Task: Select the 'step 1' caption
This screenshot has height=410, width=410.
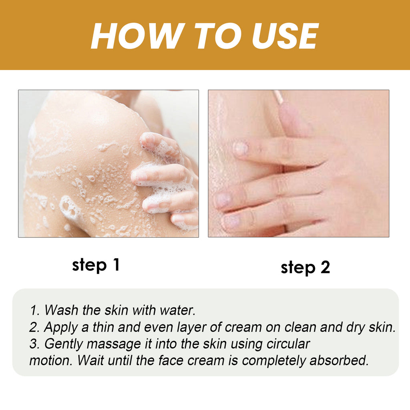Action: tap(96, 265)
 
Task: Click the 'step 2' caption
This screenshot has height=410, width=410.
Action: tap(305, 268)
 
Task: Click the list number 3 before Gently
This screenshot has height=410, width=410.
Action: tap(33, 344)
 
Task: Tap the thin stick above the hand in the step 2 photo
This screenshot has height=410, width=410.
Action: tap(277, 96)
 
